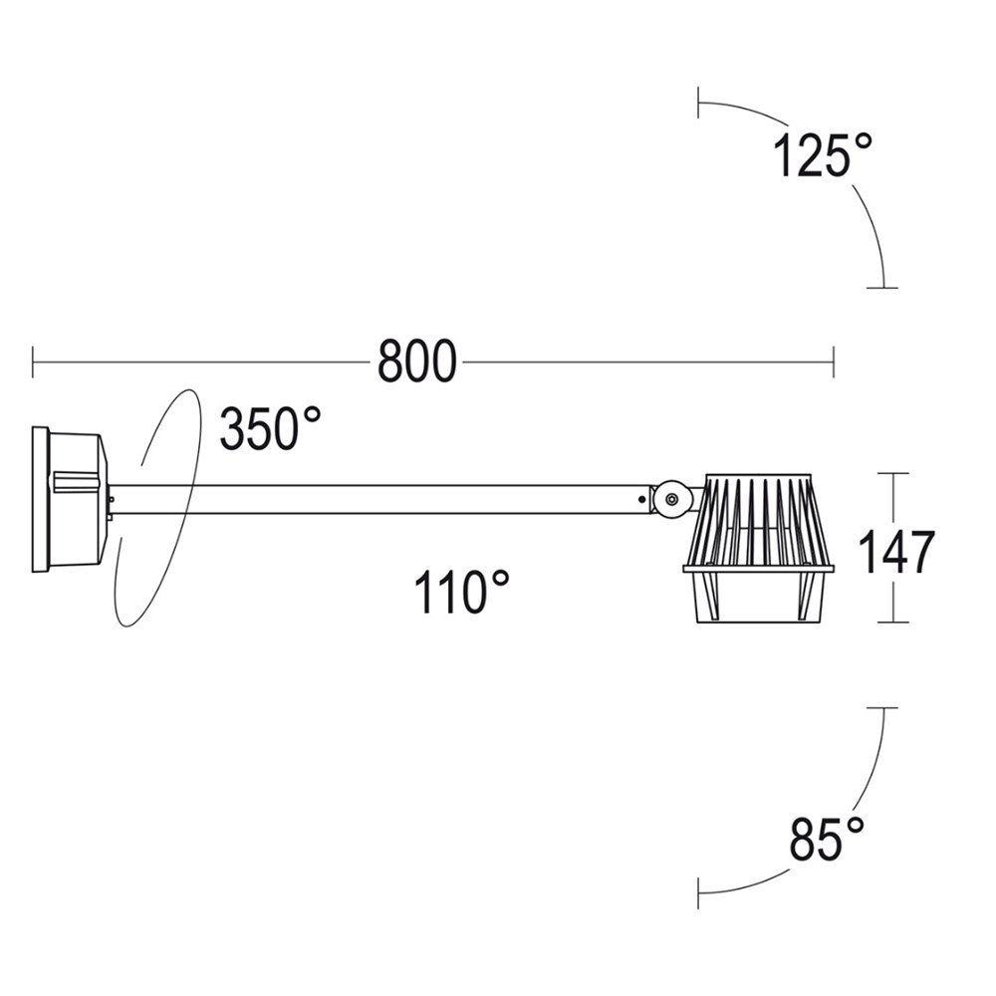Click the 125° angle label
(823, 155)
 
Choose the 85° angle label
(827, 839)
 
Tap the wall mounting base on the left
(70, 499)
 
